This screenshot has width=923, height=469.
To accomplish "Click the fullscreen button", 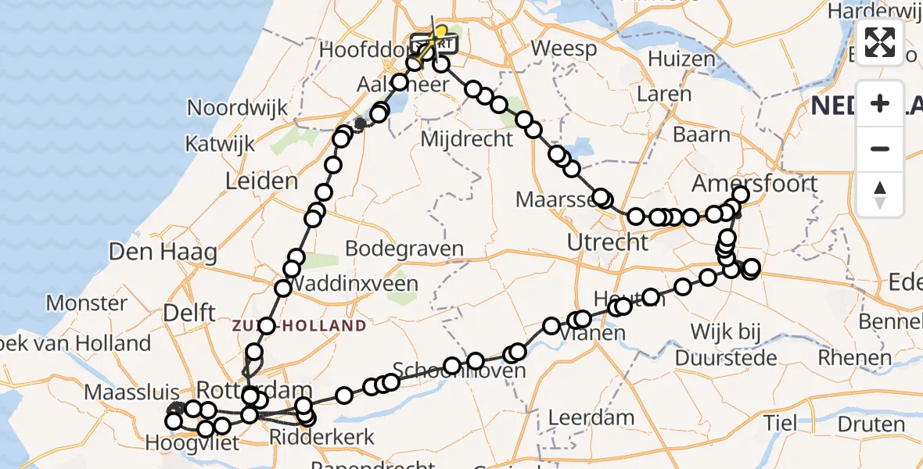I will pyautogui.click(x=880, y=42).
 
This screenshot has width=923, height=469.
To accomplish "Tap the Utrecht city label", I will pyautogui.click(x=607, y=243).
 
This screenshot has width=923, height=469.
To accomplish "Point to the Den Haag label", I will pyautogui.click(x=163, y=252).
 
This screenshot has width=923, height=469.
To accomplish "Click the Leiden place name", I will pyautogui.click(x=261, y=182).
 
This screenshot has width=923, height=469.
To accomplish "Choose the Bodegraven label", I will pyautogui.click(x=404, y=249).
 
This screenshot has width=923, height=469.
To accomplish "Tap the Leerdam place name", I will pyautogui.click(x=591, y=417).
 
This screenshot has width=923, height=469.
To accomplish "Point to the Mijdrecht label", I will pyautogui.click(x=467, y=139).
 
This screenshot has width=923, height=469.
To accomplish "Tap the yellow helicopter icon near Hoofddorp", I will pyautogui.click(x=440, y=33).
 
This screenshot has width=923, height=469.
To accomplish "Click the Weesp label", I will pyautogui.click(x=563, y=48).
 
